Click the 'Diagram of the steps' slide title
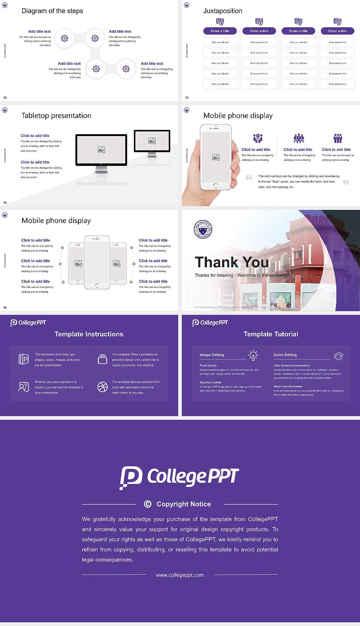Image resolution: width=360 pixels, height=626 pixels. (x=52, y=11)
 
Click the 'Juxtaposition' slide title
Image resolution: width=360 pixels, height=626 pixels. (x=222, y=11)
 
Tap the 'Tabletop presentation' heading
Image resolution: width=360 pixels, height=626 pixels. (x=56, y=116)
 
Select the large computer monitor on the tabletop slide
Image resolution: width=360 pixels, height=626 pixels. (x=101, y=150)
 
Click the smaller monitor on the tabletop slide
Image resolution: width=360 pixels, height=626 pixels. (x=152, y=141)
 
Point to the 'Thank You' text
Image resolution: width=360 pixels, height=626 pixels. (x=232, y=262)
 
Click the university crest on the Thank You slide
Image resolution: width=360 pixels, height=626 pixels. (x=203, y=229)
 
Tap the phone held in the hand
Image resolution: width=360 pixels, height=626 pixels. (x=216, y=157)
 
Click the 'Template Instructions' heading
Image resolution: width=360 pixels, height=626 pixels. (x=89, y=334)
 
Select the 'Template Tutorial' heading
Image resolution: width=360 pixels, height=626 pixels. (x=271, y=334)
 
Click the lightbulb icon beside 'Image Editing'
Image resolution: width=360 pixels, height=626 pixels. (x=253, y=355)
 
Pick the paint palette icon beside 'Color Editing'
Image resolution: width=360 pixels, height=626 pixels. (x=339, y=356)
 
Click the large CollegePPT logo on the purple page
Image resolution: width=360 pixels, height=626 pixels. (x=179, y=477)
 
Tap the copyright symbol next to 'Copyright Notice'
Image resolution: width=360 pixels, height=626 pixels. (x=148, y=504)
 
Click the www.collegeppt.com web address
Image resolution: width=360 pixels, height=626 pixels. (x=180, y=575)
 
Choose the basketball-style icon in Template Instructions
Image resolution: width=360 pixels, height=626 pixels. (x=102, y=387)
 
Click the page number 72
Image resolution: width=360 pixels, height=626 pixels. (x=5, y=98)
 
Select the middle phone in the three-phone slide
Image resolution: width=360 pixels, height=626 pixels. (x=97, y=262)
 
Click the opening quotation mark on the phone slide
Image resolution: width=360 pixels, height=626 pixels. (x=249, y=177)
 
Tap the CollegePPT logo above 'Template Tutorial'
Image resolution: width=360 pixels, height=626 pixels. (x=210, y=323)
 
